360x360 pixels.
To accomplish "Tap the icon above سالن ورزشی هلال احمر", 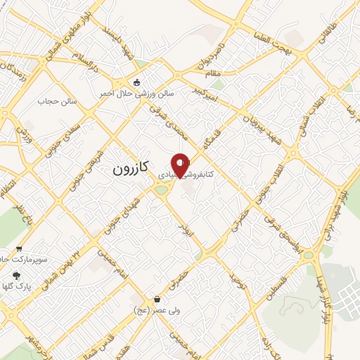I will tap(136, 82).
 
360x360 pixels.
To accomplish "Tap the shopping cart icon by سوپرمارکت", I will tap(19, 247).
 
